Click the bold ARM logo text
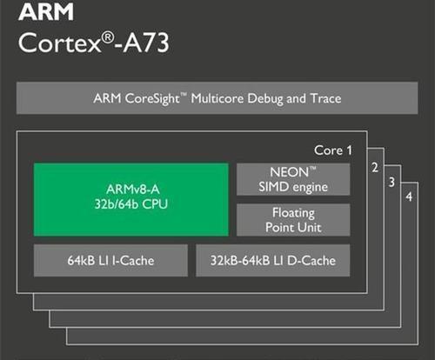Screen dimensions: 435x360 tap(46, 12)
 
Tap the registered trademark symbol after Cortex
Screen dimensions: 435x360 tap(108, 38)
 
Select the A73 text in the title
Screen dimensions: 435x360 tap(145, 43)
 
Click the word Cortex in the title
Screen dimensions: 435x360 tap(59, 43)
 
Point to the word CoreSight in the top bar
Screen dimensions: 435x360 tap(152, 99)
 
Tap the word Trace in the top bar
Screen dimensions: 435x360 tap(325, 98)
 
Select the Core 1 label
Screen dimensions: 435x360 tap(333, 150)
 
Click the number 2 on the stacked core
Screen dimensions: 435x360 tap(375, 168)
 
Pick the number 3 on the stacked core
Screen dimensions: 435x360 tap(391, 182)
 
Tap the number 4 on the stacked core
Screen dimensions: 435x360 tap(409, 197)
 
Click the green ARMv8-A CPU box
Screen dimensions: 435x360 tap(131, 199)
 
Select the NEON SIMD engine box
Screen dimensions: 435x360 tap(293, 179)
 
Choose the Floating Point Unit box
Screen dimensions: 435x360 tap(293, 220)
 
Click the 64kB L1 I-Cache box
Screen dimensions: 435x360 tap(110, 260)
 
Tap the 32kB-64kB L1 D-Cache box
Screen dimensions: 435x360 tap(273, 260)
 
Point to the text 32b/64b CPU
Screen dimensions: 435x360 tap(131, 204)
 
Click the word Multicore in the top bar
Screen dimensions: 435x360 tap(217, 98)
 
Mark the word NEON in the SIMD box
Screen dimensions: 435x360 tap(290, 172)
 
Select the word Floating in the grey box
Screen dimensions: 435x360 tap(293, 214)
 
